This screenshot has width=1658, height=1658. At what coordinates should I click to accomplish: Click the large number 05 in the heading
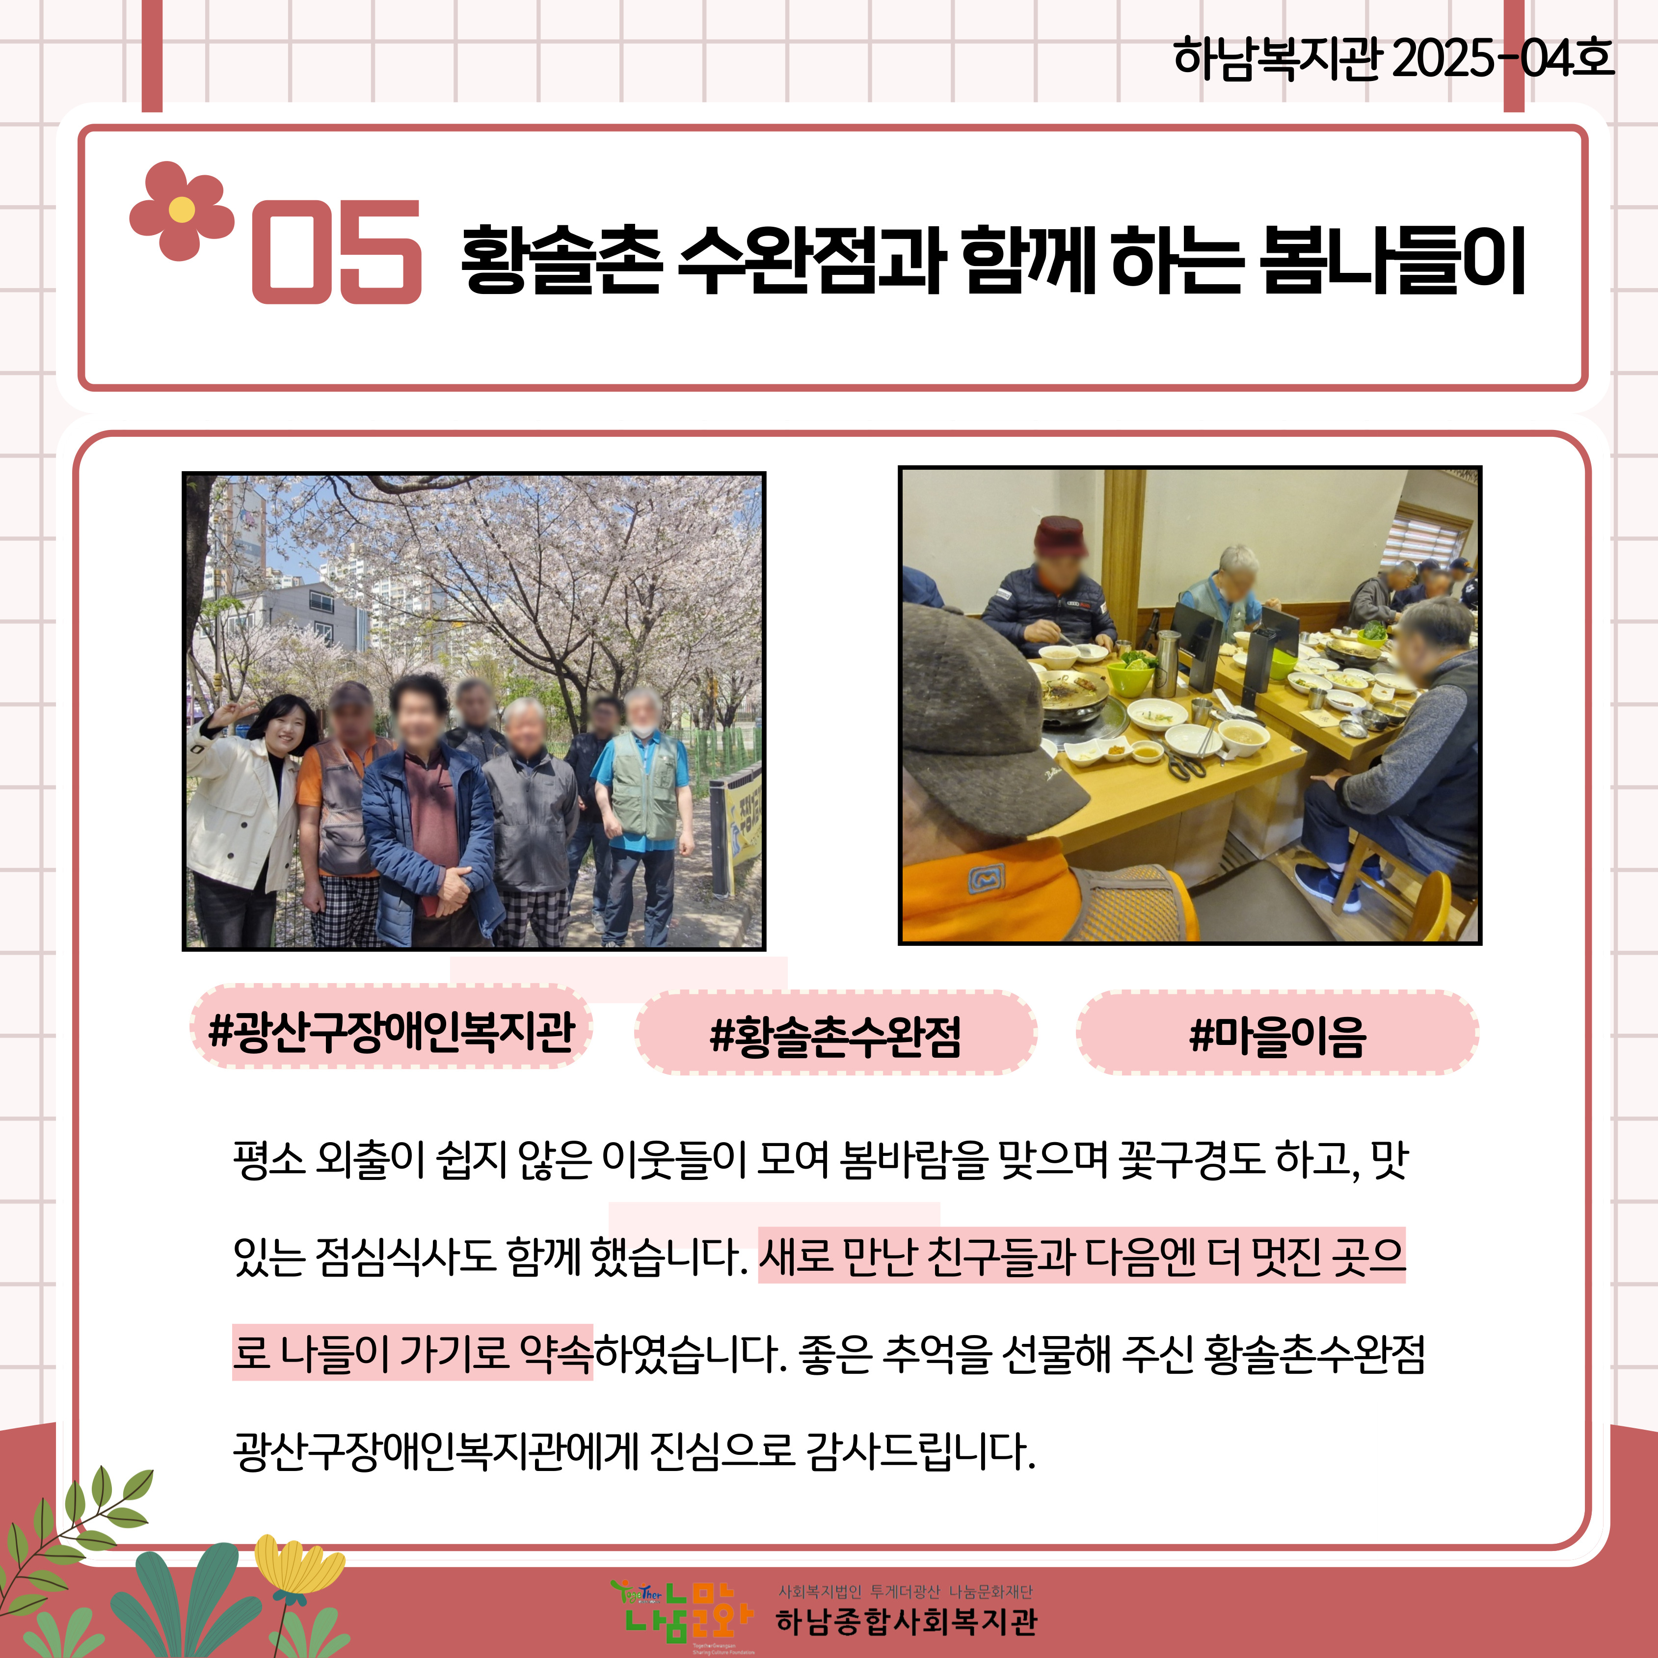(x=336, y=251)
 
